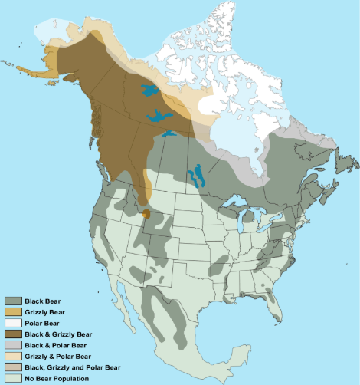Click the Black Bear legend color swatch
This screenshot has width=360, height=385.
click(x=13, y=301)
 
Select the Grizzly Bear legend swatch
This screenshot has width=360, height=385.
click(x=13, y=312)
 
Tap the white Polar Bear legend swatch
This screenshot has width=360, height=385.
click(x=13, y=324)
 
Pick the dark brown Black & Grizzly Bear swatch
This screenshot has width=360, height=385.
click(x=13, y=334)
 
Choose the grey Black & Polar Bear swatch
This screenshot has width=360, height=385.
click(x=13, y=346)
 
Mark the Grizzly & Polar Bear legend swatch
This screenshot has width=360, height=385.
click(x=13, y=357)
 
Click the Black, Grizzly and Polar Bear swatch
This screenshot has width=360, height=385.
click(x=13, y=367)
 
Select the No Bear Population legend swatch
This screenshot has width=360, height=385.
click(x=13, y=378)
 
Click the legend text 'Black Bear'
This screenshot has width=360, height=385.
click(x=43, y=301)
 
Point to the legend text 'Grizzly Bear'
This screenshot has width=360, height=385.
click(x=46, y=312)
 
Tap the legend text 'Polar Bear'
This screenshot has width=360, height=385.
click(x=44, y=324)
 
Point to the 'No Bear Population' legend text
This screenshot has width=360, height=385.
click(x=57, y=378)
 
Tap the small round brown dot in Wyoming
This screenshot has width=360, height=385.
click(x=146, y=214)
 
